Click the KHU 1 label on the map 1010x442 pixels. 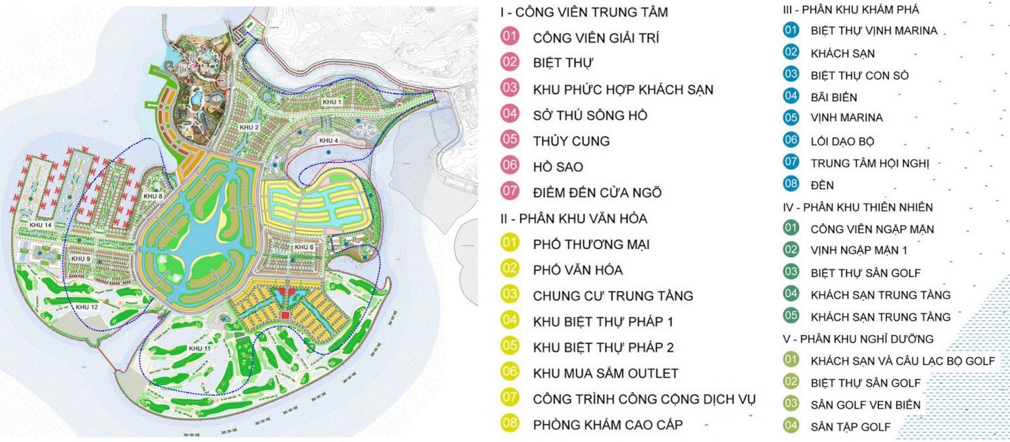(x=332, y=101)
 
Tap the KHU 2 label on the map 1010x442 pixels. (x=249, y=127)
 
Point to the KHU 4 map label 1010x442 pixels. (x=328, y=140)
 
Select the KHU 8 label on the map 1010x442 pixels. (x=152, y=196)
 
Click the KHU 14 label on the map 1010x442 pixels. (x=39, y=225)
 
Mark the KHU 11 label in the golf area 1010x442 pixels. (x=199, y=349)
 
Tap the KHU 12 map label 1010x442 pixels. (x=87, y=306)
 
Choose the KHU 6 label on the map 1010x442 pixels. (x=304, y=247)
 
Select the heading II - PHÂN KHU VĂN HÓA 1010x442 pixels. (x=573, y=218)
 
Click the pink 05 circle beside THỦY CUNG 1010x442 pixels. (x=510, y=140)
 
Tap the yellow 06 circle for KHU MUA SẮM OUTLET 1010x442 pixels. (x=510, y=373)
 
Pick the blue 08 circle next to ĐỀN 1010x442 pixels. (x=791, y=184)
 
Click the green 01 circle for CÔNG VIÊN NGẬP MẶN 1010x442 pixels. (x=791, y=228)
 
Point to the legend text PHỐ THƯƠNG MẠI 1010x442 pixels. (x=591, y=244)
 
